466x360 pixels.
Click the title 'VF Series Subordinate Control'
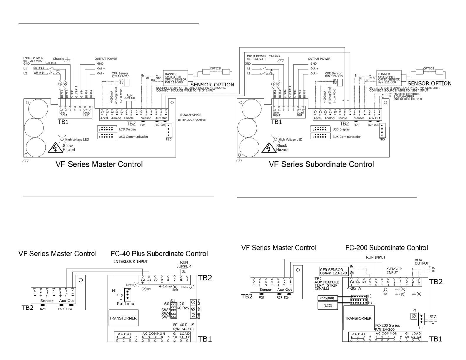321,164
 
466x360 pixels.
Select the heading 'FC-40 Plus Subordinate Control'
159,254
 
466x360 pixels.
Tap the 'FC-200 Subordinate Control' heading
387,248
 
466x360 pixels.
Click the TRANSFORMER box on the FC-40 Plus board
123,318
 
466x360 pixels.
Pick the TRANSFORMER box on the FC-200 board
358,318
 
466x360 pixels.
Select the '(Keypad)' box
327,298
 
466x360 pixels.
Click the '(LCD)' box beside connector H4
328,306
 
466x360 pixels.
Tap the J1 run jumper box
184,272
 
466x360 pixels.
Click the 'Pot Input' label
126,304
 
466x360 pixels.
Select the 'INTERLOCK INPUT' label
131,262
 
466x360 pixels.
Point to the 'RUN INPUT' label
375,257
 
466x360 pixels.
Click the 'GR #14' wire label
51,63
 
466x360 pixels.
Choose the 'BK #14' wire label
39,68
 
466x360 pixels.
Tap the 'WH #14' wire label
39,73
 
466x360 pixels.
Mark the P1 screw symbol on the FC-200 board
414,316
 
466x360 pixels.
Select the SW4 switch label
166,314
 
